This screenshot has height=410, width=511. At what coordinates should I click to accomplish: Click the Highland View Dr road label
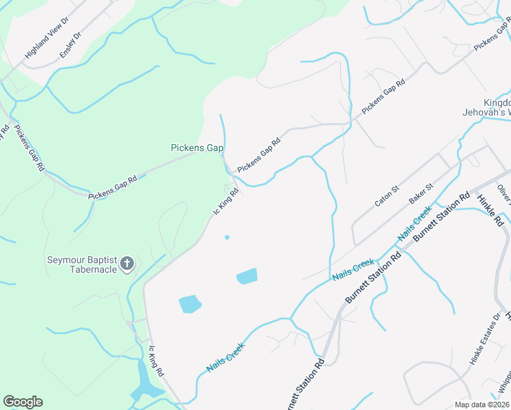[46, 39]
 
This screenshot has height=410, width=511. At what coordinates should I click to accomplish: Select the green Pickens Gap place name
[197, 148]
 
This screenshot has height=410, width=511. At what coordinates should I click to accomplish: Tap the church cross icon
[126, 264]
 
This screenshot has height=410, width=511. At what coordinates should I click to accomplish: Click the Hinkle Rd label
[490, 210]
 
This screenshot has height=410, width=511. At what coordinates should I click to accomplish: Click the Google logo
[23, 402]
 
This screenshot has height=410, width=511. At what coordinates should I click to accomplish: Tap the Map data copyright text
[482, 405]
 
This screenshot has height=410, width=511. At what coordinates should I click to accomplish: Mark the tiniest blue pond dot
[227, 238]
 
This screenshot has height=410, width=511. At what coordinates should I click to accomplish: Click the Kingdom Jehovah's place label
[487, 107]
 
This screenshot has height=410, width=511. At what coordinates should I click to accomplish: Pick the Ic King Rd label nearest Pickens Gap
[225, 203]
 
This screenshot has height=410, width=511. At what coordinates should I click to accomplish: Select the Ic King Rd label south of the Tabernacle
[156, 361]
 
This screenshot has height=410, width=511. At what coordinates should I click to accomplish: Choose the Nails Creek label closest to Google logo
[225, 357]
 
